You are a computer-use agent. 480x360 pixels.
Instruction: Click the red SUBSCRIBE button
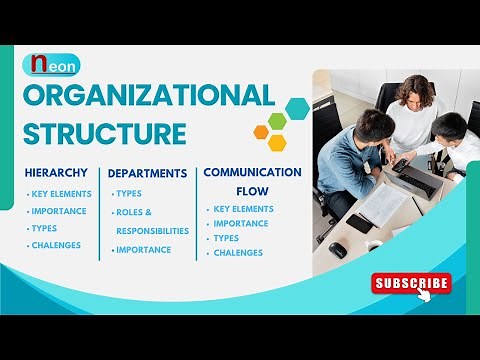(411, 283)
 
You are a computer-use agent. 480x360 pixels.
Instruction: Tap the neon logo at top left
(51, 65)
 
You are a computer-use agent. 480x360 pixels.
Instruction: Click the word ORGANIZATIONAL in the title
(148, 97)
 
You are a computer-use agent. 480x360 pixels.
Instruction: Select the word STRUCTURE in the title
(105, 133)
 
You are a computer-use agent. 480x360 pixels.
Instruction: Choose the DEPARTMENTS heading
(147, 173)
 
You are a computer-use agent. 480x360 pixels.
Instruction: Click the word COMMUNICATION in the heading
(252, 172)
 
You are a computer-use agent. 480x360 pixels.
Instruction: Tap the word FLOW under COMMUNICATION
(252, 190)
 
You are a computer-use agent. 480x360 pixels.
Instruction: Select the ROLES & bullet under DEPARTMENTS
(134, 212)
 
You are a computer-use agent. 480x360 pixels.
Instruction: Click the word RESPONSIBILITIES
(152, 230)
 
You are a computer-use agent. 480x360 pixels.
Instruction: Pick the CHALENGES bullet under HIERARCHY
(56, 245)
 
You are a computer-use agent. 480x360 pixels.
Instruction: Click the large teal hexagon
(296, 108)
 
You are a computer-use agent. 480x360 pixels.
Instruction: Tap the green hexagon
(277, 122)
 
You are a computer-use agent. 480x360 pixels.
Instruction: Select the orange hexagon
(261, 131)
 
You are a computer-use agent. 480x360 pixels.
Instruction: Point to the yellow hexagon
(277, 142)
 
